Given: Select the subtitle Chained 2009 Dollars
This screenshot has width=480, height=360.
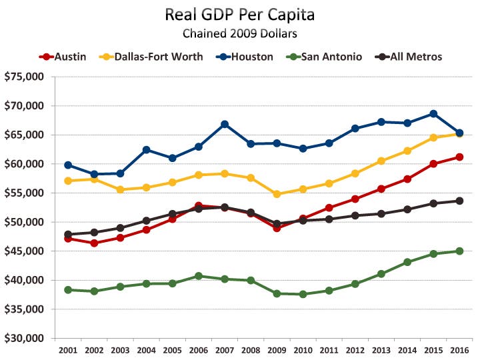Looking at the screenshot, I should pos(239,33).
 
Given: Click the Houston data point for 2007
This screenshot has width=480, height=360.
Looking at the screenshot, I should pos(225,124).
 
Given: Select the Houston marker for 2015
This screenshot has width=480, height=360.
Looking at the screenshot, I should pos(433,113).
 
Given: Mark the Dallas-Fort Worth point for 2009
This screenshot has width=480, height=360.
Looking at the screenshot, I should pos(277,194).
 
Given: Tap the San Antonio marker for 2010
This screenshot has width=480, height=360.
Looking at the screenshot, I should pos(303,294).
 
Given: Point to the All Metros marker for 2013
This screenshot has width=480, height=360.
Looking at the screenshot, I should pos(381,213).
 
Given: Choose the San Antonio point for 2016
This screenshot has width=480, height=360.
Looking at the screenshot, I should pos(459,251).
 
